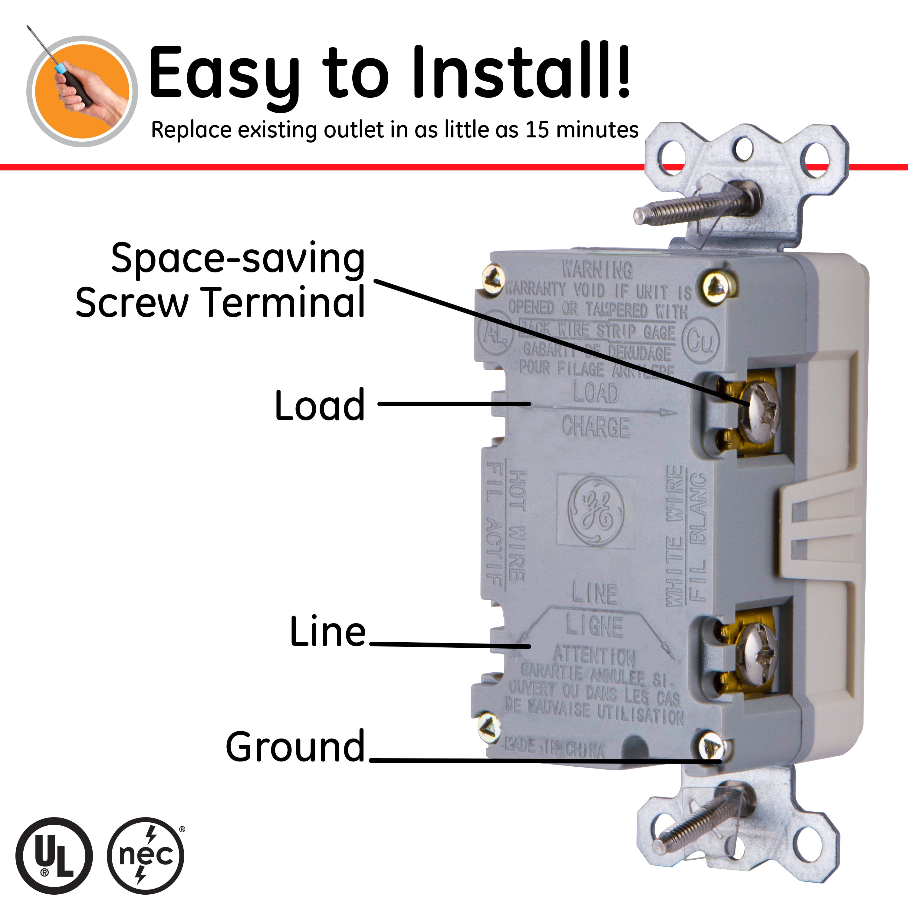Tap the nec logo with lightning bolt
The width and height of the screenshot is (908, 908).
point(146,855)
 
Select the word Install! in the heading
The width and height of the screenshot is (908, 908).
point(522,73)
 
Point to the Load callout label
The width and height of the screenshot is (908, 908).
point(320,405)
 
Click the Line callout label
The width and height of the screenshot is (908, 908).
point(327,632)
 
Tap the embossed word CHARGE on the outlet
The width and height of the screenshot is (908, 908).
point(596,427)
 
